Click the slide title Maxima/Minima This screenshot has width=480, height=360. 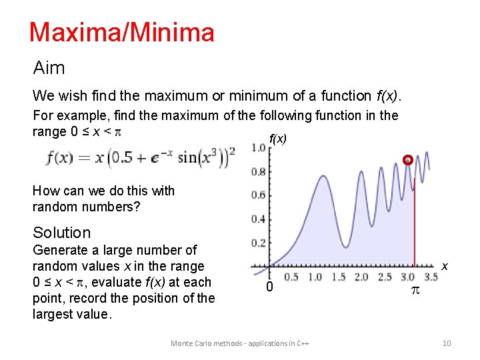tap(121, 32)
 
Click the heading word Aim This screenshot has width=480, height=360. tap(49, 68)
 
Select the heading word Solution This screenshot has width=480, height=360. tap(61, 233)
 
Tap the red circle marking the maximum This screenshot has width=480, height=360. tap(408, 159)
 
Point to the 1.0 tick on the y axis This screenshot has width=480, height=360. tap(258, 147)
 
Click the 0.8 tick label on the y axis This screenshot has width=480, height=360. tap(258, 171)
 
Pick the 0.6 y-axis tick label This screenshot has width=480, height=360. tap(258, 195)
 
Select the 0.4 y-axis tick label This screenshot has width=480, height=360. tap(258, 219)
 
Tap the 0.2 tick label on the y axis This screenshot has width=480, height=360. tap(258, 243)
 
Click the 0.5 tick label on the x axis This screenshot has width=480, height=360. tap(291, 277)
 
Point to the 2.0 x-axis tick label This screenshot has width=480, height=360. tap(361, 277)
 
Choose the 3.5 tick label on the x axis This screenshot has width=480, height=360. tap(431, 277)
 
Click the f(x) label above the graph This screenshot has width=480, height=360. tap(277, 139)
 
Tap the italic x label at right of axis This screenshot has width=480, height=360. tap(444, 266)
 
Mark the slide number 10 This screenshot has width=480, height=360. tap(447, 343)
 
